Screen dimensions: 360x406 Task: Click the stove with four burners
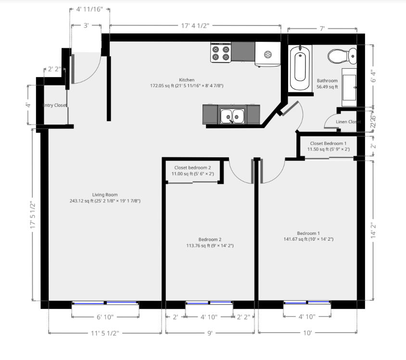(221, 52)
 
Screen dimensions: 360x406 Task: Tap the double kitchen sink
(232, 116)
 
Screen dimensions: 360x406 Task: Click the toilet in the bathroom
(342, 56)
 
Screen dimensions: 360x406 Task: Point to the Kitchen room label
(187, 80)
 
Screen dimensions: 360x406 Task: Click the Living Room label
(105, 195)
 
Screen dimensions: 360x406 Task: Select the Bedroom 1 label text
(308, 233)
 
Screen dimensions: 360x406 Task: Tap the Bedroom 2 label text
(210, 239)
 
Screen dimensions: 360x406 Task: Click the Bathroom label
(327, 81)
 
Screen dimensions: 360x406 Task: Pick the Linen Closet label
(348, 122)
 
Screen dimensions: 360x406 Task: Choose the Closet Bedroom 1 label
(328, 143)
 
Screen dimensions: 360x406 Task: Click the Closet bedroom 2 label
(192, 167)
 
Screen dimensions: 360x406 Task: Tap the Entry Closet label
(55, 105)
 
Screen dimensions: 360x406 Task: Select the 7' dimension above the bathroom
(322, 29)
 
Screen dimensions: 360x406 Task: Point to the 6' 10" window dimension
(105, 317)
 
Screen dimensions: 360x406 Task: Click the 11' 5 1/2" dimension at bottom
(104, 333)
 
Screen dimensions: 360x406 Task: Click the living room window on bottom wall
(105, 303)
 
